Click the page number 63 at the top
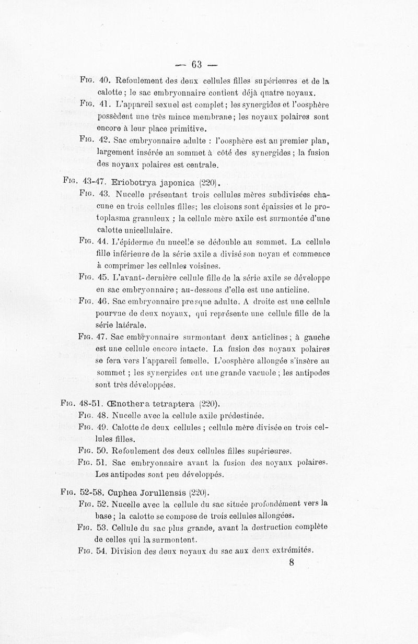point(196,65)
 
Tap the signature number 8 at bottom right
point(291,563)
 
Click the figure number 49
point(104,428)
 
